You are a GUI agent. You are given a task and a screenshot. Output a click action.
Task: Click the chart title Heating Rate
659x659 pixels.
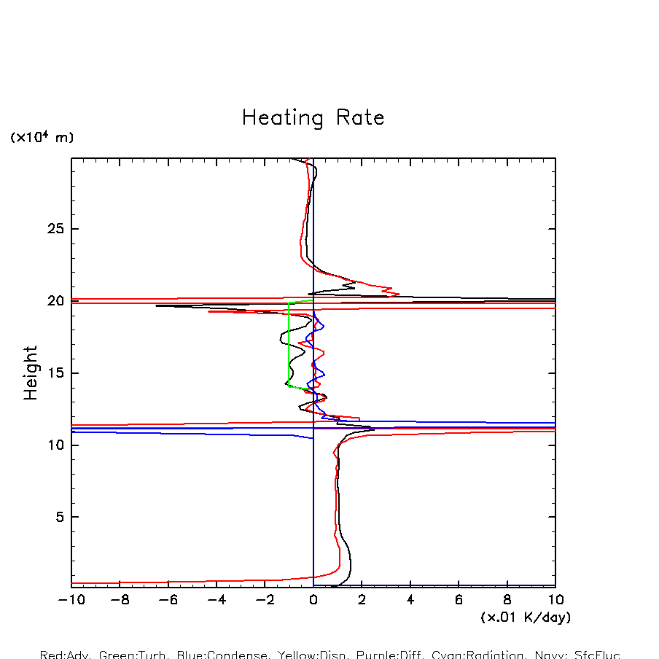[313, 118]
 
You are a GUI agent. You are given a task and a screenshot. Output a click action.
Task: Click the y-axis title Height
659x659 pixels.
[31, 373]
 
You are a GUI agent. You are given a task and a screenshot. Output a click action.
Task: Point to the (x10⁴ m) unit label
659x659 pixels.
[42, 137]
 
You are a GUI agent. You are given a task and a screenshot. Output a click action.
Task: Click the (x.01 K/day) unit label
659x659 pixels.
[525, 617]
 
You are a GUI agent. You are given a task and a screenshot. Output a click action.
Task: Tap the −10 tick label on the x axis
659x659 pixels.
[71, 600]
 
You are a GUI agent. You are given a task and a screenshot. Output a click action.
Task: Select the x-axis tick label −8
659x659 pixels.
[120, 600]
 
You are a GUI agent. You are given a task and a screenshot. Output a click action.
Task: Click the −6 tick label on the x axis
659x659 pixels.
[168, 600]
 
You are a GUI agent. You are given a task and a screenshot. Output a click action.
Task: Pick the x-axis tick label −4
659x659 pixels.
[217, 600]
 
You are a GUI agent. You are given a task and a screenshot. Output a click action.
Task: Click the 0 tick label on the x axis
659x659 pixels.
[313, 600]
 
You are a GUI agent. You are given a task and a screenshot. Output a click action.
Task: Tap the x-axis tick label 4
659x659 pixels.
[410, 600]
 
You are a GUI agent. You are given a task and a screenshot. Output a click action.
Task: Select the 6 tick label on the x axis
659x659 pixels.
[459, 600]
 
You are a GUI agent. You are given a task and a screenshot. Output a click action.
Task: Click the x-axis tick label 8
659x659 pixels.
[507, 600]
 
